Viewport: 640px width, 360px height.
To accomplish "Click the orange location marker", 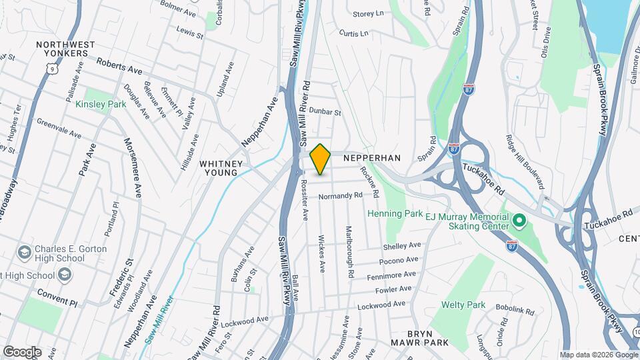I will pyautogui.click(x=321, y=159).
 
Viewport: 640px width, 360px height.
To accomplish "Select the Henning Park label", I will pyautogui.click(x=395, y=214).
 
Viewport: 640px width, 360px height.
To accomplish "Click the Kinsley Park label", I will pyautogui.click(x=100, y=104).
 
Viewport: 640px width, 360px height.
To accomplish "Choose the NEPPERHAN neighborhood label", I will pyautogui.click(x=372, y=158).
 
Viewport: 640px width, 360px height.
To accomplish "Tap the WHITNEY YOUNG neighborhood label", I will pyautogui.click(x=218, y=168).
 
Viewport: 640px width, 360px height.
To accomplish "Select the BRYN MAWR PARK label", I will pyautogui.click(x=430, y=338).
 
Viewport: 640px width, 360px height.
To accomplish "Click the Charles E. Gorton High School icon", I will pyautogui.click(x=25, y=252).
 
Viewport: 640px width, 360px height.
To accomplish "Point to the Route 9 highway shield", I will pyautogui.click(x=51, y=68).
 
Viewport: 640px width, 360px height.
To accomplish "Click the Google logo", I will pyautogui.click(x=22, y=352).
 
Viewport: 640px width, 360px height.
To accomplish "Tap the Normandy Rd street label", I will pyautogui.click(x=340, y=196).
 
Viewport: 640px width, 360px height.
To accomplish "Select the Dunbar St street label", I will pyautogui.click(x=325, y=113).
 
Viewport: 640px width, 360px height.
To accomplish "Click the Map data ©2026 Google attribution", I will pyautogui.click(x=598, y=355).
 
